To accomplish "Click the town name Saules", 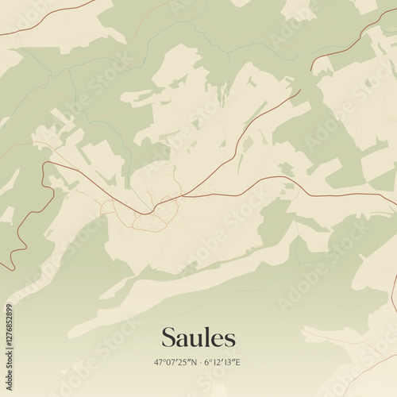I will pos(198,337).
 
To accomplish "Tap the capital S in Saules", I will pos(169,337).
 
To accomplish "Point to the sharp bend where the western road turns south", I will pos(46,164).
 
